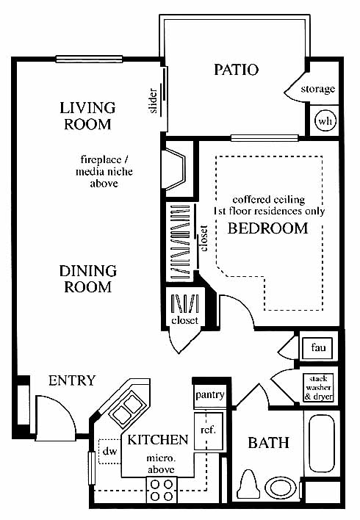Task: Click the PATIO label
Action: [x=236, y=70]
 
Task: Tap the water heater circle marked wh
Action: [x=325, y=120]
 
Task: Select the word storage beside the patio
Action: [x=317, y=89]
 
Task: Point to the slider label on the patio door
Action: [x=154, y=101]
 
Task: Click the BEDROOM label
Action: [x=267, y=228]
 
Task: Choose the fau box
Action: [x=317, y=348]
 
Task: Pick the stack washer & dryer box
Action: [x=318, y=388]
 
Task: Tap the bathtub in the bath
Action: [x=322, y=444]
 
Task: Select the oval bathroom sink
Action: [x=281, y=488]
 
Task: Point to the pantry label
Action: [x=209, y=395]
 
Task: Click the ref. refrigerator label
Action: [x=209, y=430]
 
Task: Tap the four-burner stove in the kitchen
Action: [x=162, y=491]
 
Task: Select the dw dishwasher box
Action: [x=109, y=452]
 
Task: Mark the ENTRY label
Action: [x=72, y=380]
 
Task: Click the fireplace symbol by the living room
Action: [x=174, y=170]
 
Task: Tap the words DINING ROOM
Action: [x=88, y=279]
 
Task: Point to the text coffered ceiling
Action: [x=269, y=200]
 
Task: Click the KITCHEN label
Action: [x=158, y=440]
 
